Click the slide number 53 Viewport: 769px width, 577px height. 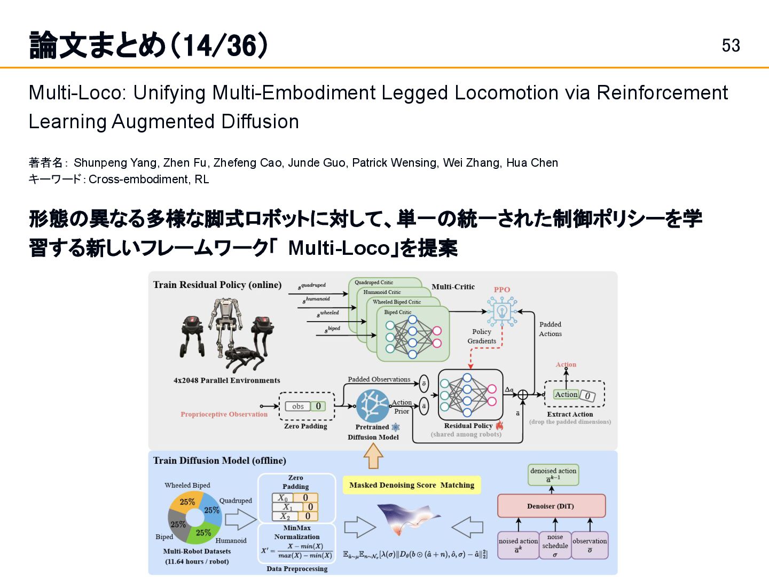(x=731, y=45)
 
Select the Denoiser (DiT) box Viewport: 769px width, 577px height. (x=551, y=506)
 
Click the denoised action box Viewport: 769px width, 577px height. (x=553, y=474)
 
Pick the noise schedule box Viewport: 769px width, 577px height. (x=555, y=545)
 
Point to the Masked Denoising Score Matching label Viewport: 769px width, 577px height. (x=411, y=485)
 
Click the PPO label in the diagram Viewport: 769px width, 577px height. (x=501, y=290)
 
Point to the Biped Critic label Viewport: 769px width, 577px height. (x=398, y=312)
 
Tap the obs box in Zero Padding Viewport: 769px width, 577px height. (x=297, y=407)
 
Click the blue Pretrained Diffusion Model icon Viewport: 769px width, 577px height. (x=372, y=406)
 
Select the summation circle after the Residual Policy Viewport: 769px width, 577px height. (x=523, y=395)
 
